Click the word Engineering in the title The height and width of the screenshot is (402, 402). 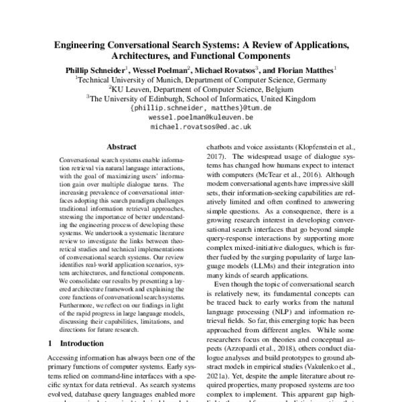pos(86,45)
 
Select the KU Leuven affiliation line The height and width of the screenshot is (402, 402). pos(201,88)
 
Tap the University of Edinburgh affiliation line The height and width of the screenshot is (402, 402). pos(201,98)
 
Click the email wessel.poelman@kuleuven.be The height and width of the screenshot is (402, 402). pos(201,117)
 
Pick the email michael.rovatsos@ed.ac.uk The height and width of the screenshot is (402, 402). pos(201,126)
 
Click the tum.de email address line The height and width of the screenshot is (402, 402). pos(201,107)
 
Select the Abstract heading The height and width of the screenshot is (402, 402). pos(121,147)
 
